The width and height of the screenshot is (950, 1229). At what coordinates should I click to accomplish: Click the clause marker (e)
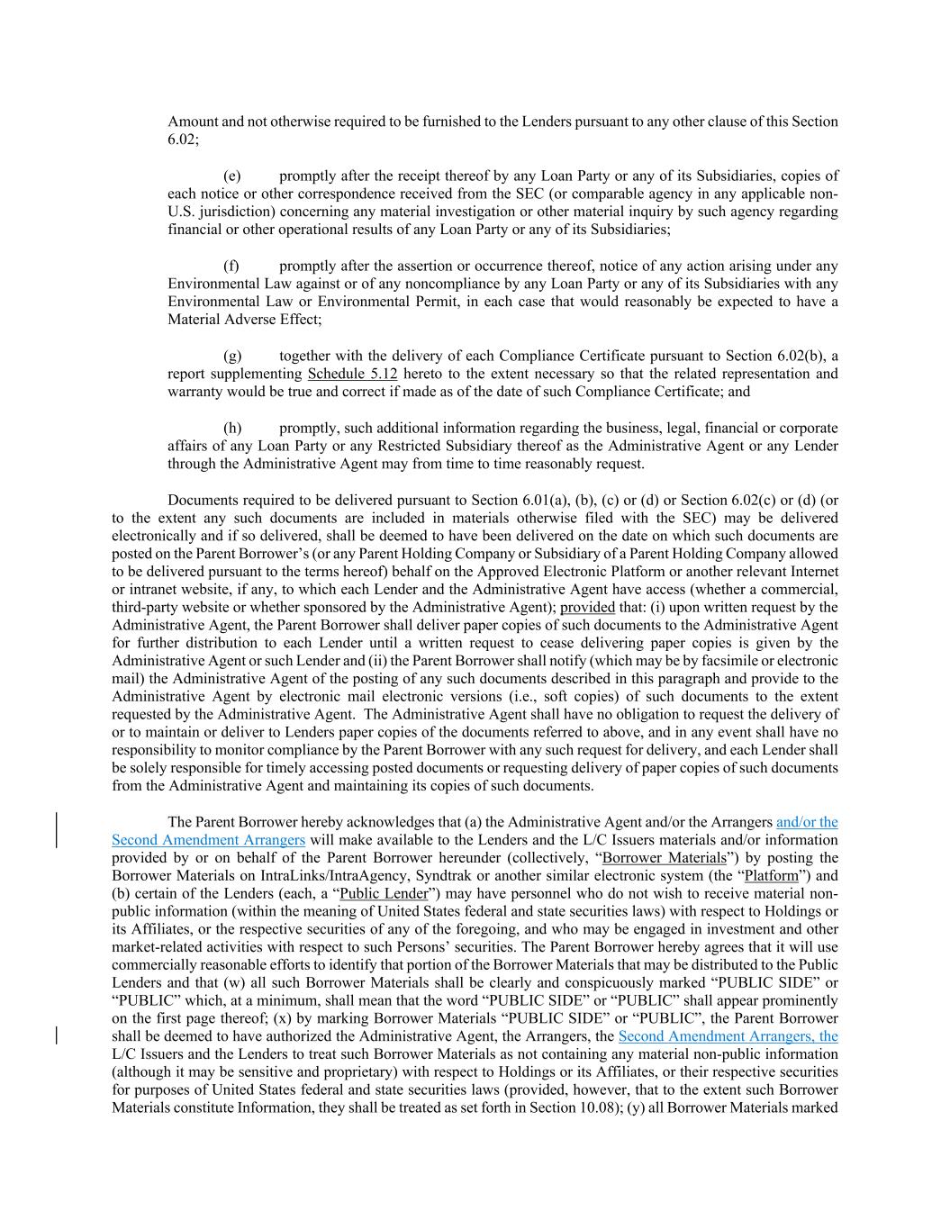click(x=231, y=176)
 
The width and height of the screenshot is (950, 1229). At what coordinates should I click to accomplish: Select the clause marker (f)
click(x=231, y=266)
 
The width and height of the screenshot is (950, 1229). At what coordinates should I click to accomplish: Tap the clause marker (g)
click(x=231, y=356)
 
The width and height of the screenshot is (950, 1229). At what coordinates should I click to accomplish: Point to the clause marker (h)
click(x=231, y=428)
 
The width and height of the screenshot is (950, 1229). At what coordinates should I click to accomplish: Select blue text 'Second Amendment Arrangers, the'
click(x=728, y=1035)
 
